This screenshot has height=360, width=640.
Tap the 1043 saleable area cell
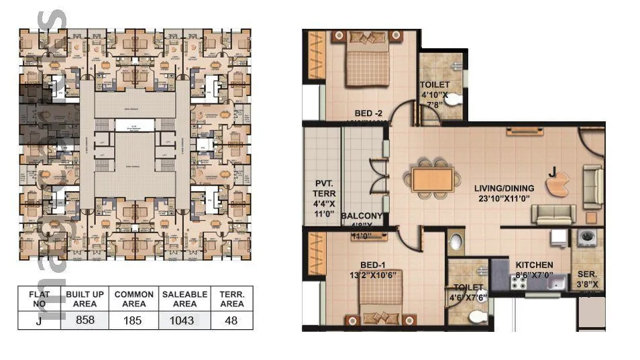click(x=181, y=320)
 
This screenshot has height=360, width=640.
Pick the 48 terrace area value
click(x=231, y=320)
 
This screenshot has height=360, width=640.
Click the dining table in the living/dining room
click(x=431, y=180)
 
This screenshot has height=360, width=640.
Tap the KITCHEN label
click(x=534, y=265)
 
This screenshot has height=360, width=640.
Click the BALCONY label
click(x=362, y=216)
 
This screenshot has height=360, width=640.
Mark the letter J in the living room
click(x=551, y=172)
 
